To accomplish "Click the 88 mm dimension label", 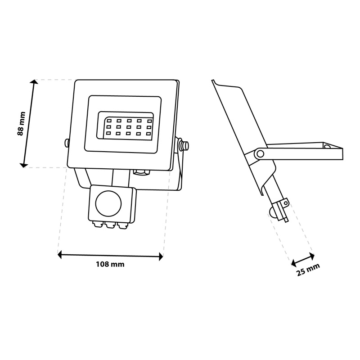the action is pyautogui.click(x=21, y=123).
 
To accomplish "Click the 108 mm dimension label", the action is pyautogui.click(x=110, y=264).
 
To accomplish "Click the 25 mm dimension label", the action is pyautogui.click(x=308, y=270).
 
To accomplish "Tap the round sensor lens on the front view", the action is pyautogui.click(x=108, y=203).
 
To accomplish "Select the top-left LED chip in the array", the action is pyautogui.click(x=109, y=120).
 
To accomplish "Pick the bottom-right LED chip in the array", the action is pyautogui.click(x=149, y=134).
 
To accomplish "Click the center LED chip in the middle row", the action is pyautogui.click(x=129, y=127).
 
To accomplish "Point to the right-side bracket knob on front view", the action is pyautogui.click(x=184, y=144).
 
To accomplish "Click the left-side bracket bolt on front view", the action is pyautogui.click(x=66, y=143).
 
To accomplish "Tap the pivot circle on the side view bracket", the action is pyautogui.click(x=260, y=153).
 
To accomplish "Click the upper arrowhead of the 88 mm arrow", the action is pyautogui.click(x=35, y=82).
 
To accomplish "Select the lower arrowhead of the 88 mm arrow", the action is pyautogui.click(x=24, y=165).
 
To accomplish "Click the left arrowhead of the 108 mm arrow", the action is pyautogui.click(x=60, y=255).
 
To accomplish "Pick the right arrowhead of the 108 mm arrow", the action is pyautogui.click(x=161, y=256).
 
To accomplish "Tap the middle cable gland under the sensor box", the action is pyautogui.click(x=110, y=225).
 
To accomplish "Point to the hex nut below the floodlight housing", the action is pyautogui.click(x=141, y=172).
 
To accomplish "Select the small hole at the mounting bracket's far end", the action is pyautogui.click(x=328, y=146).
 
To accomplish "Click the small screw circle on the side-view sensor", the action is pyautogui.click(x=286, y=203).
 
